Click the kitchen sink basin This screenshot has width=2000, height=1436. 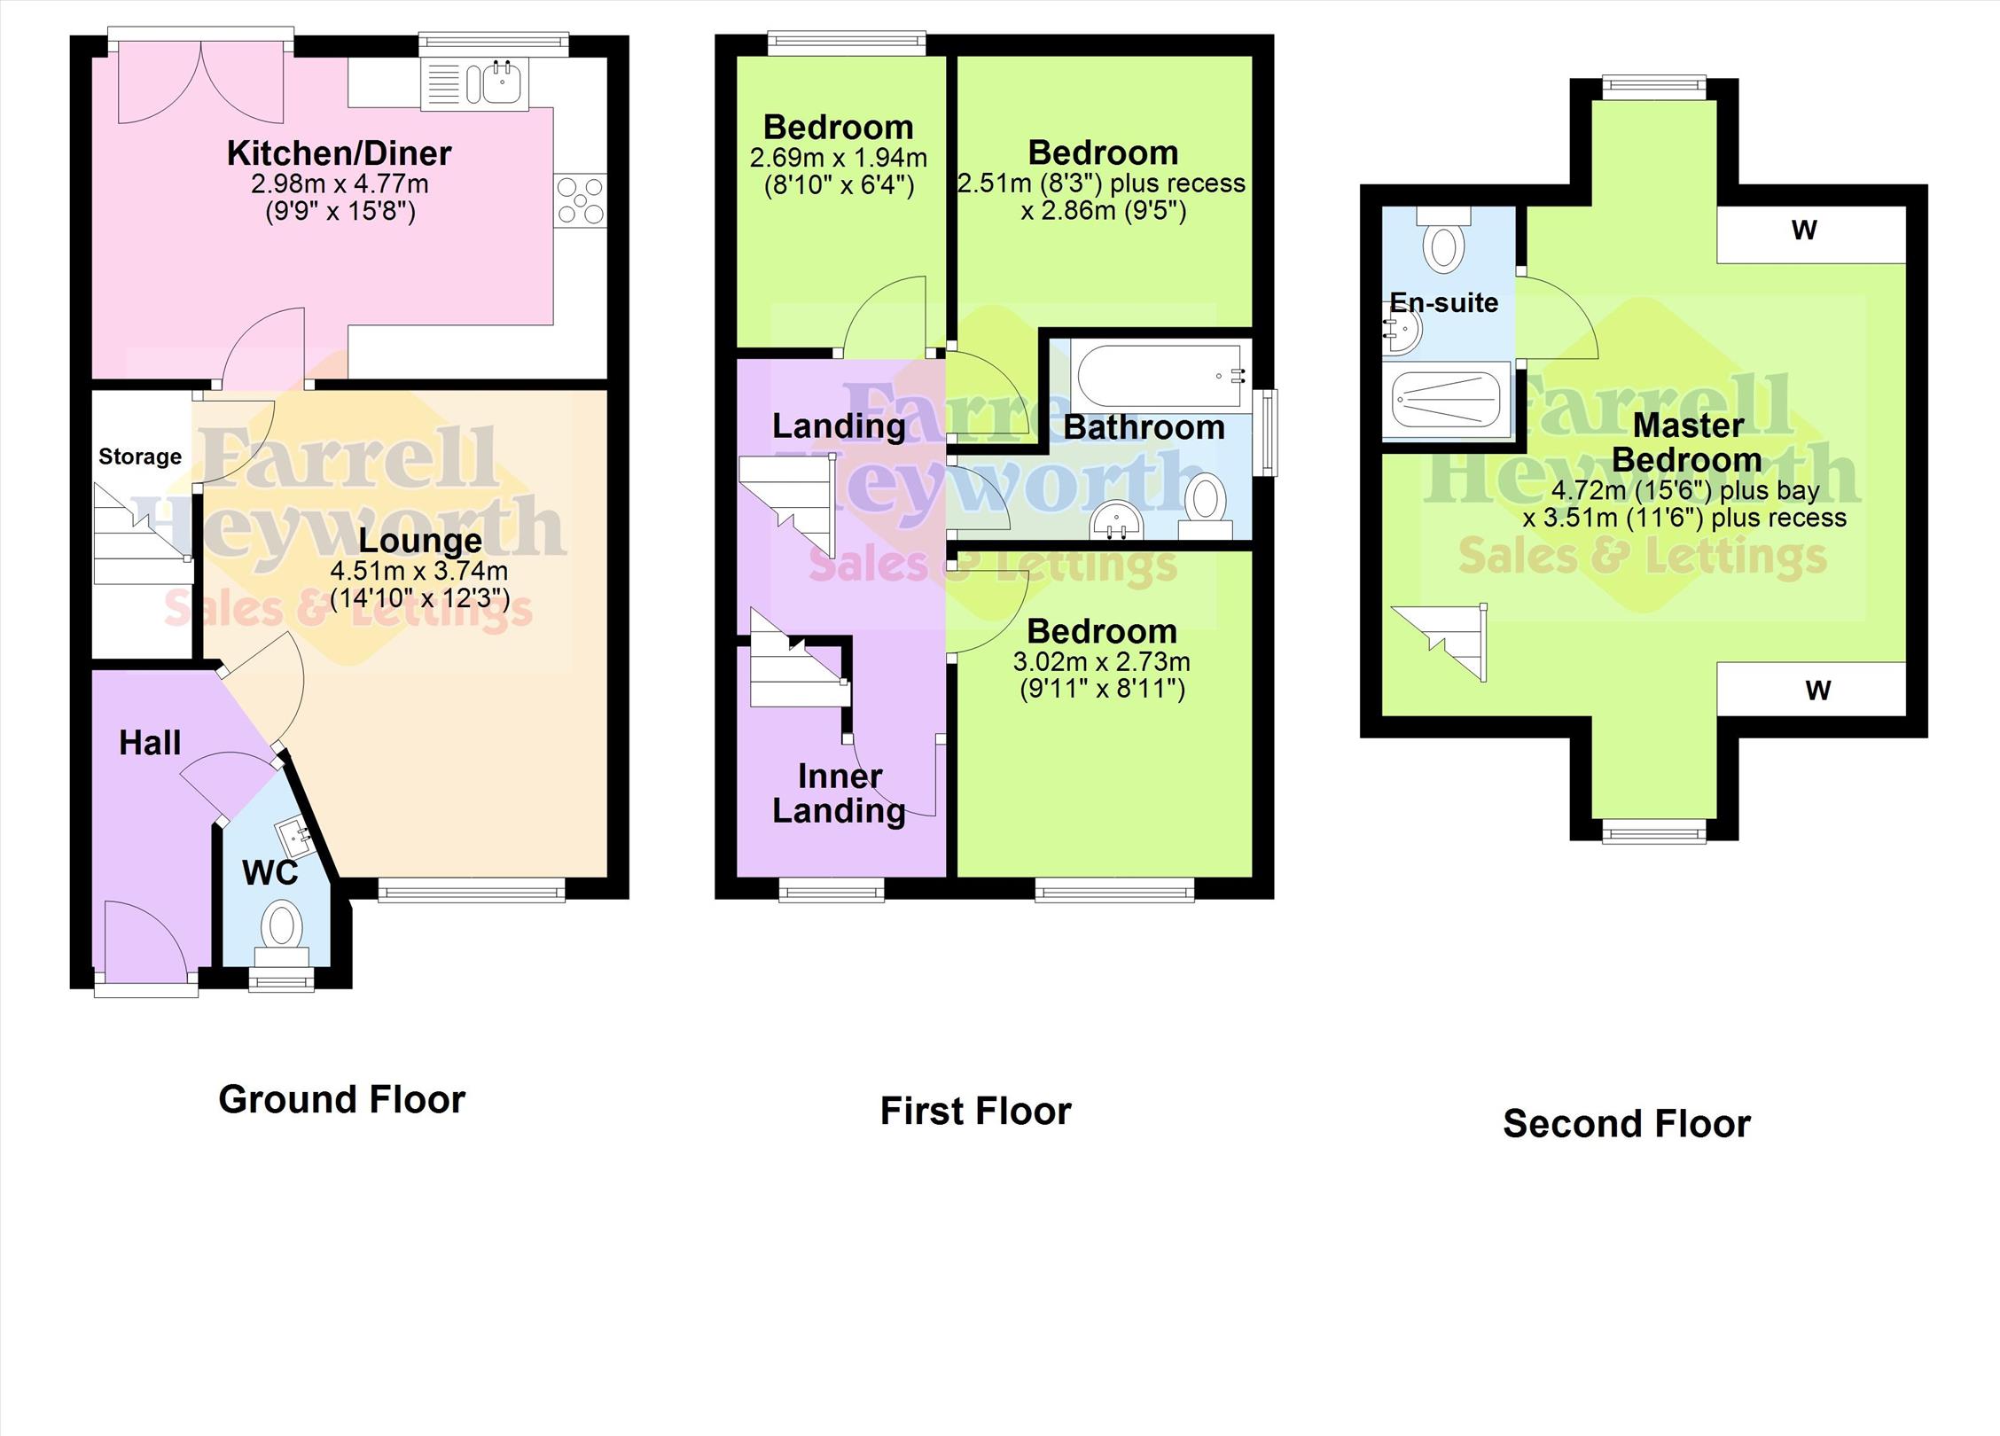503,83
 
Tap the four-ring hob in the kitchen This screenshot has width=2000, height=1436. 581,201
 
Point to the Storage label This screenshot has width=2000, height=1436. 140,457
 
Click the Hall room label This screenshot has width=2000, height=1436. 150,743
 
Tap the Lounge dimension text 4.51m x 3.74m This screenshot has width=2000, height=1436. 419,571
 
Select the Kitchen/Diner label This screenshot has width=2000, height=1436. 340,153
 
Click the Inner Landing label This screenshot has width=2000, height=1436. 839,793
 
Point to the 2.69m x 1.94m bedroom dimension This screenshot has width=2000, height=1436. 839,159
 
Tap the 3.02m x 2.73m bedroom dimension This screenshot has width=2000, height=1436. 1102,662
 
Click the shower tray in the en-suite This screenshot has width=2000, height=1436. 1446,400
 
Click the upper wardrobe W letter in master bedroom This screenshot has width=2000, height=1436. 1804,230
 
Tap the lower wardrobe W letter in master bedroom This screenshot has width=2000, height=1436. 1818,691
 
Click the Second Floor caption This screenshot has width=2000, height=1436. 1627,1124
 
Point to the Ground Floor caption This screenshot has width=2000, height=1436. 342,1100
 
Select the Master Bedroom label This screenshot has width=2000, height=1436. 1687,442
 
